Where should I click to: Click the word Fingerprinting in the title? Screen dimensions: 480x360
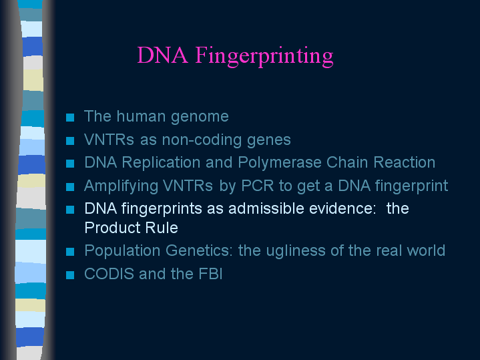pyautogui.click(x=264, y=56)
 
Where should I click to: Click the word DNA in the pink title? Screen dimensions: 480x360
pyautogui.click(x=162, y=55)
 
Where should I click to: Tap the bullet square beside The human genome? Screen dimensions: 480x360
pyautogui.click(x=70, y=118)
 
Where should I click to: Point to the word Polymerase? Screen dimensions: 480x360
pyautogui.click(x=280, y=162)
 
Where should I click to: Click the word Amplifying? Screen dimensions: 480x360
pyautogui.click(x=121, y=186)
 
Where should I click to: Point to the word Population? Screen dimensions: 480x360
pyautogui.click(x=122, y=251)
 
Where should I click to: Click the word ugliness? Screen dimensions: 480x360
pyautogui.click(x=296, y=251)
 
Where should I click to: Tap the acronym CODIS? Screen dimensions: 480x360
pyautogui.click(x=109, y=274)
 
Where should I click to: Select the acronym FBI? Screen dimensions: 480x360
pyautogui.click(x=210, y=274)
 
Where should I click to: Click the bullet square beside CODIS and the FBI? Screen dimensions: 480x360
pyautogui.click(x=70, y=275)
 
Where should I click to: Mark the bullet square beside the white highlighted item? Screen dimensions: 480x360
pyautogui.click(x=70, y=210)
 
